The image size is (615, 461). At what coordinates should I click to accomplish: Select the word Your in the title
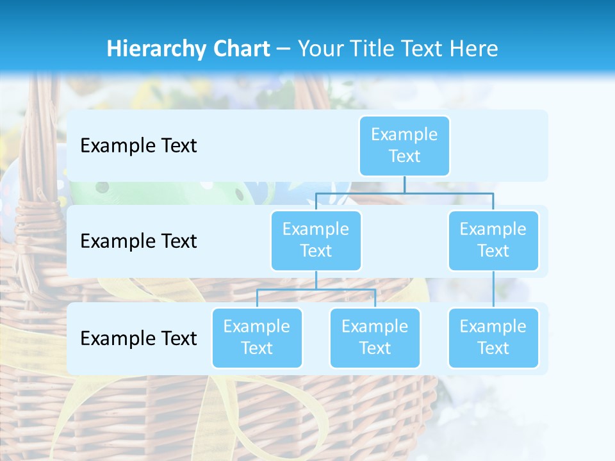pos(323,49)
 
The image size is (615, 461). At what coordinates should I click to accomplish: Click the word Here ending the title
pos(475,49)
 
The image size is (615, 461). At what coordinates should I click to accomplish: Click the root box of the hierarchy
pos(404,145)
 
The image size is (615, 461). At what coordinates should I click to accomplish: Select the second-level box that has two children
pos(316,240)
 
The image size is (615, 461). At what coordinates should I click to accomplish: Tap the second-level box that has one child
pos(493,240)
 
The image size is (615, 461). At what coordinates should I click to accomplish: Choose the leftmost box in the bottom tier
pos(257,337)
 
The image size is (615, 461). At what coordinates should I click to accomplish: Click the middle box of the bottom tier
pos(375,337)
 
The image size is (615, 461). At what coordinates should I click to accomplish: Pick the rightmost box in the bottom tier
pos(493,337)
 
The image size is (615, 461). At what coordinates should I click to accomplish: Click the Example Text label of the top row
pos(138,146)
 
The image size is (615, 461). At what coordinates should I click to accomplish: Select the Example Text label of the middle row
pos(138,241)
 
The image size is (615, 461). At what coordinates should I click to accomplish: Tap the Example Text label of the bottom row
pos(138,338)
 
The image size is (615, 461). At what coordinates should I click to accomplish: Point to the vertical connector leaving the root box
pos(404,184)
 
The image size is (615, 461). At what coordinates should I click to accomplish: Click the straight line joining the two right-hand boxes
pos(493,289)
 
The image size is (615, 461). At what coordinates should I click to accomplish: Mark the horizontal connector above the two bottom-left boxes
pos(316,289)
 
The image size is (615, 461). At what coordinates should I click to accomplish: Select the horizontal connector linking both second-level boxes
pos(404,193)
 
